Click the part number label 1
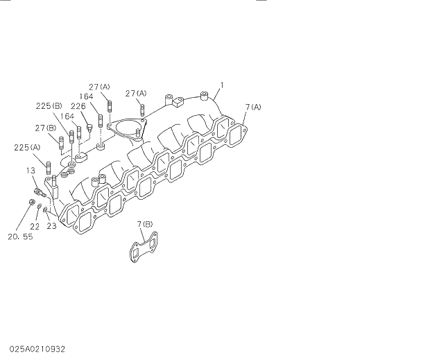(222, 85)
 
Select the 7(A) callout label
(252, 107)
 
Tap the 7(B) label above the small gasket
(146, 224)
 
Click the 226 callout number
(78, 106)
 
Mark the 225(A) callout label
(27, 147)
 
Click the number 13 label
(31, 170)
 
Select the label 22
(35, 225)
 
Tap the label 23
(51, 225)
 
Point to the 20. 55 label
(21, 237)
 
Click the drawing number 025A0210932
(37, 349)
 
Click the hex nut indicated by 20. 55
(33, 202)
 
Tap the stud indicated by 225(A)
(49, 168)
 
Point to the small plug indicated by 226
(89, 126)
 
